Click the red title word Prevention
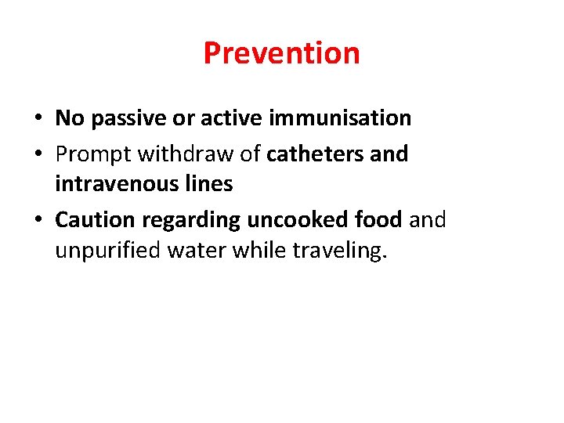pos(281,53)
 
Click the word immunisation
pos(340,118)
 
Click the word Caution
pos(95,220)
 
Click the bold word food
pos(378,220)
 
